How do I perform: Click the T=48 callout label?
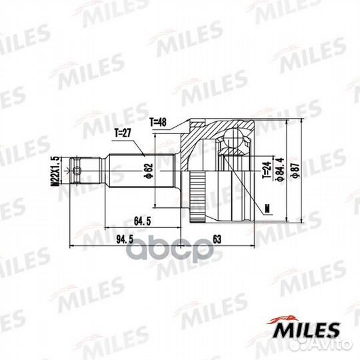158,122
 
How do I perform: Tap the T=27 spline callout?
123,133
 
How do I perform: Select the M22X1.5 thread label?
55,171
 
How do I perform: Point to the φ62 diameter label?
149,171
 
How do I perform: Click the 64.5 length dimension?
143,221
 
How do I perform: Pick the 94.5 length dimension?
125,239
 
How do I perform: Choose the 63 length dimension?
217,239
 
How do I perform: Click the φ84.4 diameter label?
281,170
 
